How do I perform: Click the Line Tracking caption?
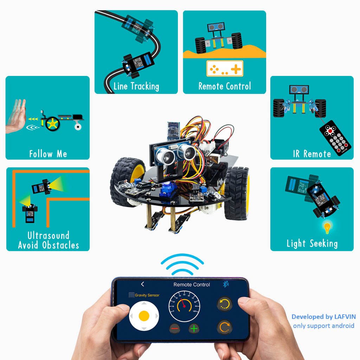coord(136,86)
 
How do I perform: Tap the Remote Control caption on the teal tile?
coord(225,86)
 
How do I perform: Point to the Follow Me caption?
coord(48,154)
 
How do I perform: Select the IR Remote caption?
coord(312,154)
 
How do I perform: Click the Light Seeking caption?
coord(312,243)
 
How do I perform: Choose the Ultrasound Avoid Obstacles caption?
coord(48,240)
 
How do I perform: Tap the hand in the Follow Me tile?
coord(16,116)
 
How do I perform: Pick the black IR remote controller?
coord(335,138)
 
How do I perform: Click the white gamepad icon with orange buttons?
coord(225,69)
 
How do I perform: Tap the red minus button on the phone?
coord(175,329)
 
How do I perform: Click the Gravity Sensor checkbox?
coord(131,295)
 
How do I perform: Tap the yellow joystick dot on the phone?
coord(144,316)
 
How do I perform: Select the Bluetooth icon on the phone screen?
coord(226,284)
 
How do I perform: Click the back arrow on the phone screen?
coord(142,284)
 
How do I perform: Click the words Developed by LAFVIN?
coord(323,317)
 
